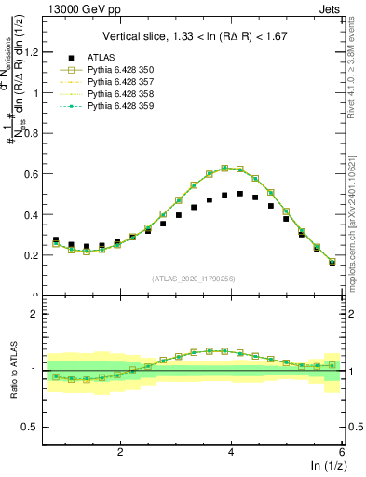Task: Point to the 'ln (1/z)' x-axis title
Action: click(325, 466)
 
